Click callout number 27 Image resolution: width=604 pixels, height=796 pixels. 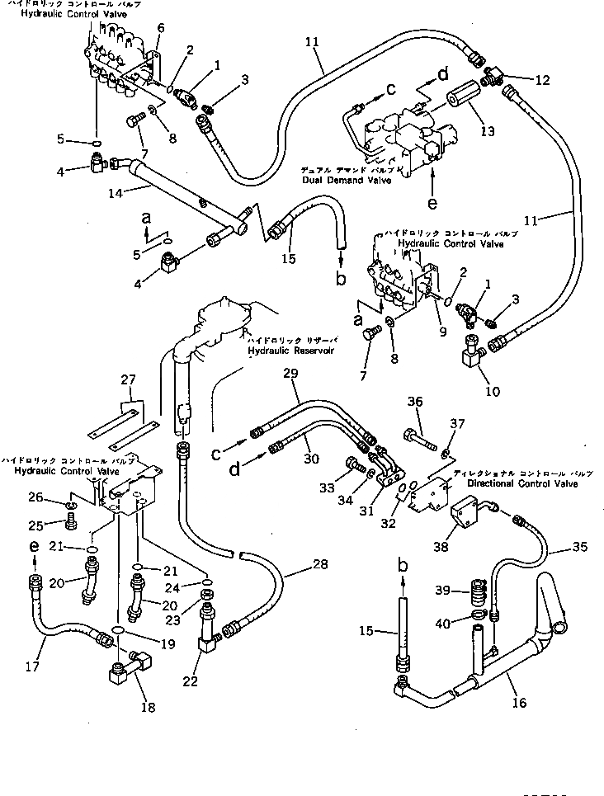tap(127, 380)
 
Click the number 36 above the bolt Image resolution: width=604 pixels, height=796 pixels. tap(415, 402)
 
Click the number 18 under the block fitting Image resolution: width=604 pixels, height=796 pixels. tap(149, 707)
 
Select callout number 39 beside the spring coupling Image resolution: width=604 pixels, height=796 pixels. tap(442, 591)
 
